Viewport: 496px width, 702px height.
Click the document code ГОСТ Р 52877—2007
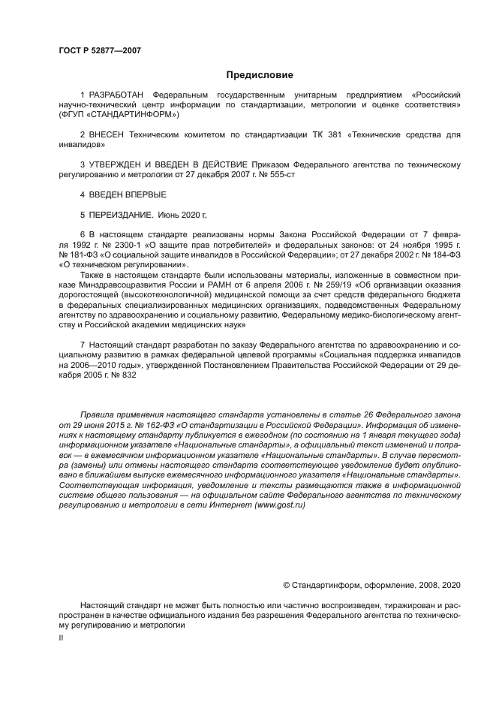click(x=99, y=51)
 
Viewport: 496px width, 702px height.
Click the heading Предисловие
click(x=260, y=74)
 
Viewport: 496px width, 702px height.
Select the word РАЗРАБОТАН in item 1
click(x=116, y=96)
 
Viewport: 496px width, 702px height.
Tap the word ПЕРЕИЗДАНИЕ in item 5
click(x=121, y=213)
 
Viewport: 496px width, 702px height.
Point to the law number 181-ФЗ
click(x=83, y=255)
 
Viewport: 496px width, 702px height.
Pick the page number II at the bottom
click(x=61, y=637)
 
